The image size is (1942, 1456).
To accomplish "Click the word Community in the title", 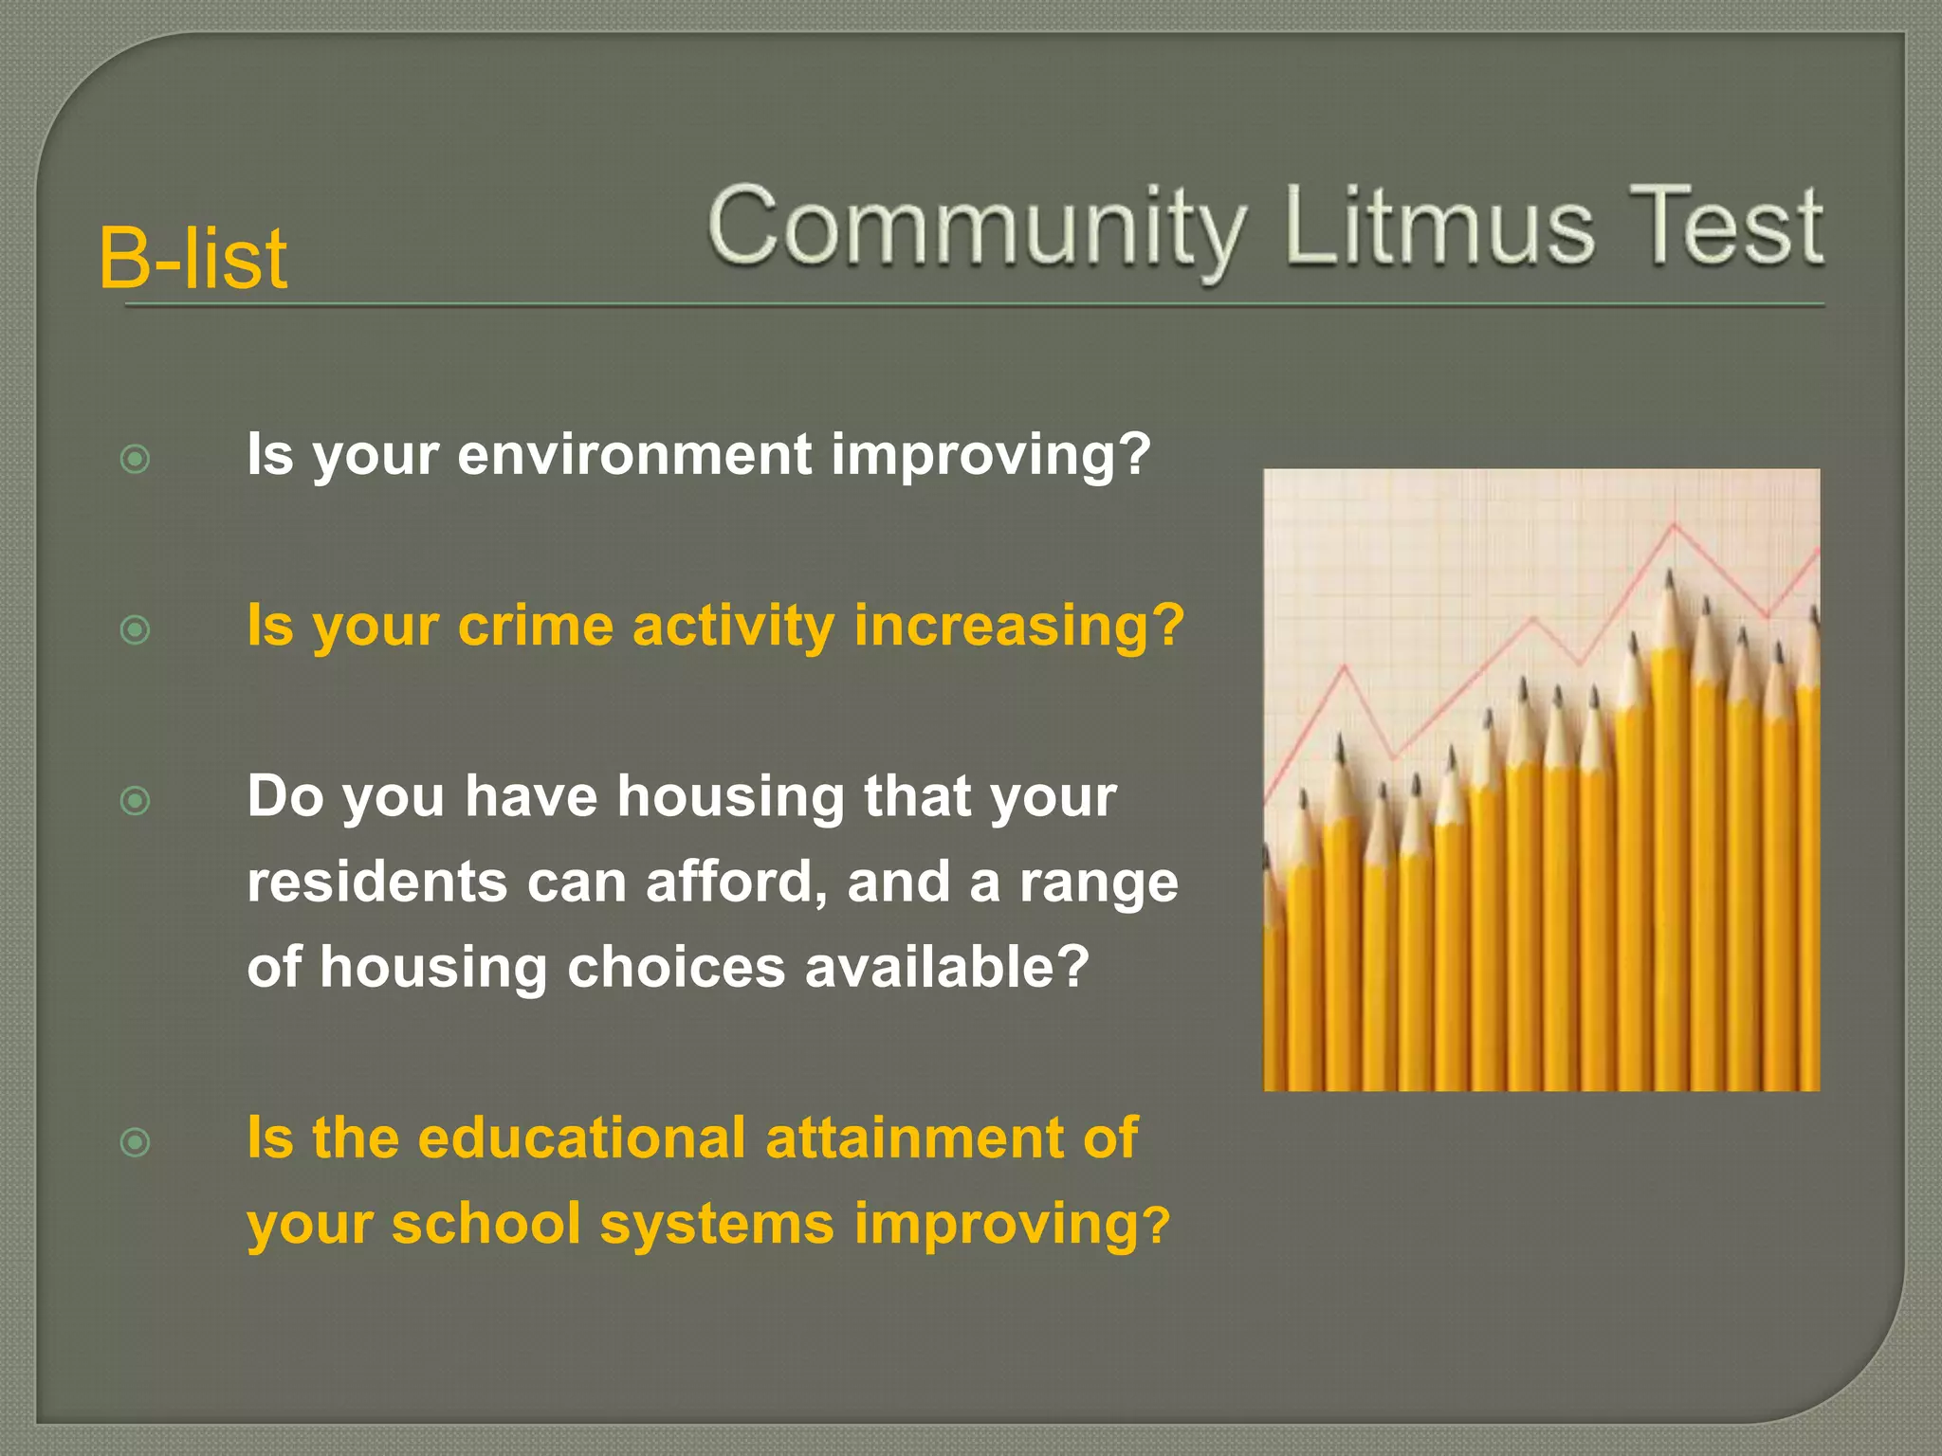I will pyautogui.click(x=976, y=228).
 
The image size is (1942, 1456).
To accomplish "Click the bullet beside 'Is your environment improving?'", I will pyautogui.click(x=136, y=460).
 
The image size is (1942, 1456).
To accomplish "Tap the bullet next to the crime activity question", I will pyautogui.click(x=136, y=629).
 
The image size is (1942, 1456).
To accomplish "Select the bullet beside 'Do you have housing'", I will pyautogui.click(x=136, y=801).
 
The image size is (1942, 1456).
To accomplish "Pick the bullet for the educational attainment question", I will pyautogui.click(x=136, y=1142).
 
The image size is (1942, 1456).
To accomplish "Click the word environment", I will pyautogui.click(x=634, y=454).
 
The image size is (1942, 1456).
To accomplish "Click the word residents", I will pyautogui.click(x=377, y=882).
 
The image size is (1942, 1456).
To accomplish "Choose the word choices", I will pyautogui.click(x=676, y=967).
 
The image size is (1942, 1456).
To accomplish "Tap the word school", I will pyautogui.click(x=485, y=1223).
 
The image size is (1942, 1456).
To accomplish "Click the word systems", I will pyautogui.click(x=717, y=1225).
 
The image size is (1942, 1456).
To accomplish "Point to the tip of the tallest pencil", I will pyautogui.click(x=1669, y=574).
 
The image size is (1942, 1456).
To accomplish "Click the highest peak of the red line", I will pyautogui.click(x=1674, y=523).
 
